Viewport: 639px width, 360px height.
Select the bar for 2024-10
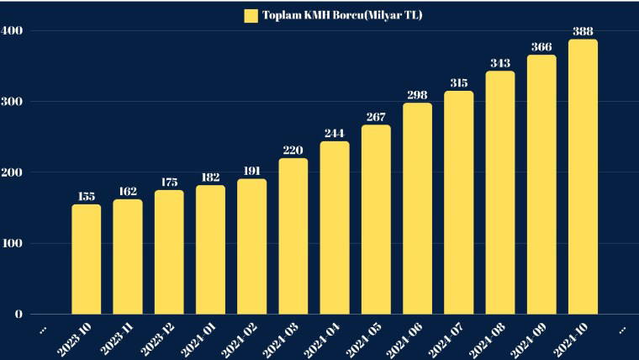(583, 177)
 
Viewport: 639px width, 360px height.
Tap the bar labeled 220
(293, 236)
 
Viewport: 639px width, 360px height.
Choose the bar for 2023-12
(169, 251)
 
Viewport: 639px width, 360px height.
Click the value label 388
(583, 32)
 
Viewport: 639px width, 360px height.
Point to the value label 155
(86, 197)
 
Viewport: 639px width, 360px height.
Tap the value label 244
(335, 134)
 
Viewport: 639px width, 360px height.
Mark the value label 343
(500, 64)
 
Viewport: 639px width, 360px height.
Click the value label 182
(210, 177)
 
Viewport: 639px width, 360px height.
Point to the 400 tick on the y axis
(12, 31)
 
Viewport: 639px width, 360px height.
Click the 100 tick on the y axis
(12, 244)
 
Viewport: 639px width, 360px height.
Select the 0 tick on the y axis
(18, 315)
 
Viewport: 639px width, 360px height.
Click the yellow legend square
(251, 15)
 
